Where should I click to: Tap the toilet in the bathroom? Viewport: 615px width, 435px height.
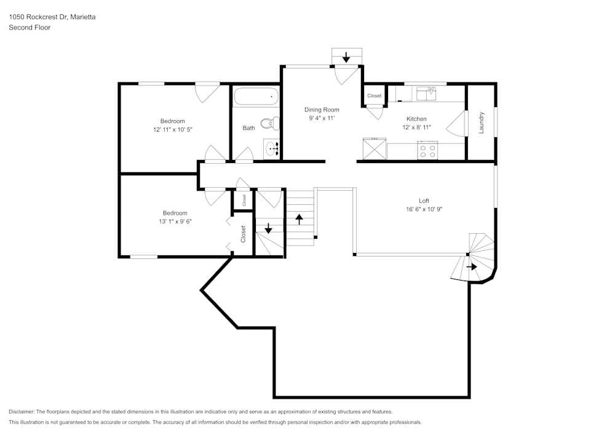(269, 124)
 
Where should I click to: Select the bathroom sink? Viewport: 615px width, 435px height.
(273, 148)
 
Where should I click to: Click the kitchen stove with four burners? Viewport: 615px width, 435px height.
(427, 150)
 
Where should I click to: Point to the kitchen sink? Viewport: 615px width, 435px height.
(426, 93)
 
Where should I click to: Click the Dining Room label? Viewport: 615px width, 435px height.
(322, 110)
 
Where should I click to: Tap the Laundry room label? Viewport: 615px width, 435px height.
(482, 122)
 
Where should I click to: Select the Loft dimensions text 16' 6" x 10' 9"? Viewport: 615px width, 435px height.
(424, 209)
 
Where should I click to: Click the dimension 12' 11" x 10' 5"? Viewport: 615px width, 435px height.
(172, 130)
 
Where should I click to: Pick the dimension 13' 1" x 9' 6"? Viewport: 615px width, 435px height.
(175, 221)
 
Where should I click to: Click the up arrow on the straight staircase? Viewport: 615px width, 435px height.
(300, 218)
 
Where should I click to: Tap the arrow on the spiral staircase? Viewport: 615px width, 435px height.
(472, 266)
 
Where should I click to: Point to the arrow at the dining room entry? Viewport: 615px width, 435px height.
(346, 58)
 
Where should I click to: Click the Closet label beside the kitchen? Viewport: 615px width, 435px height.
(374, 96)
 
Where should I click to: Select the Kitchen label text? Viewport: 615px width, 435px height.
(416, 119)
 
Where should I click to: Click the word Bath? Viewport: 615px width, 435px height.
(248, 128)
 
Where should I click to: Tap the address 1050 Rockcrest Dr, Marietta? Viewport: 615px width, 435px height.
(52, 17)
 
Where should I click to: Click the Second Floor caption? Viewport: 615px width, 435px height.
(30, 28)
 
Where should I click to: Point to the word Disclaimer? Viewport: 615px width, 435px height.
(22, 412)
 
